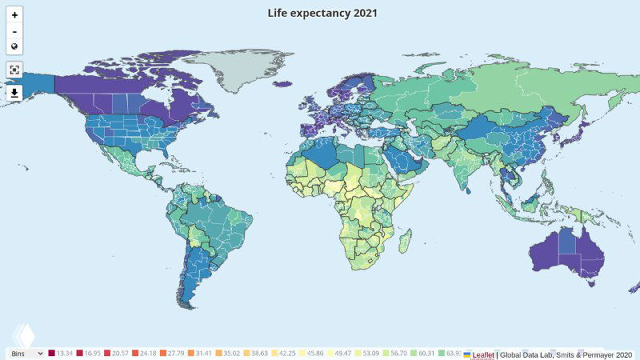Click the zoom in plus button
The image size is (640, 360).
point(14,14)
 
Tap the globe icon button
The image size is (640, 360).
point(14,46)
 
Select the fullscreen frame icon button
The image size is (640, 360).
point(14,70)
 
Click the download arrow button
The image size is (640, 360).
point(14,93)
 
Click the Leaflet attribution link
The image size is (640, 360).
point(482,354)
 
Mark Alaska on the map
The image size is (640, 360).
point(36,85)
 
